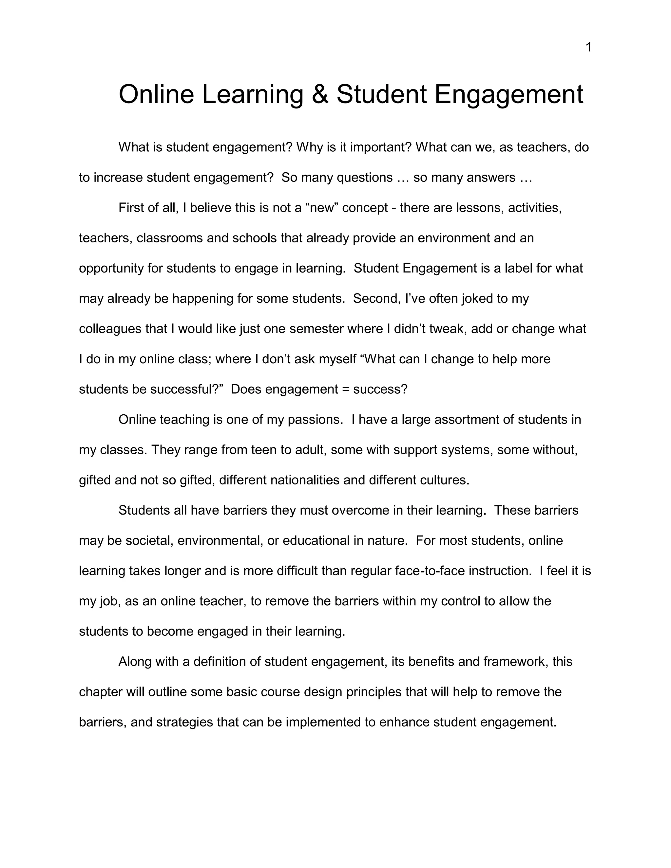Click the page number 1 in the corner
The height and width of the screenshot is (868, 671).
(589, 48)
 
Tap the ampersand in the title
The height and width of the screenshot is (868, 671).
(320, 95)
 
